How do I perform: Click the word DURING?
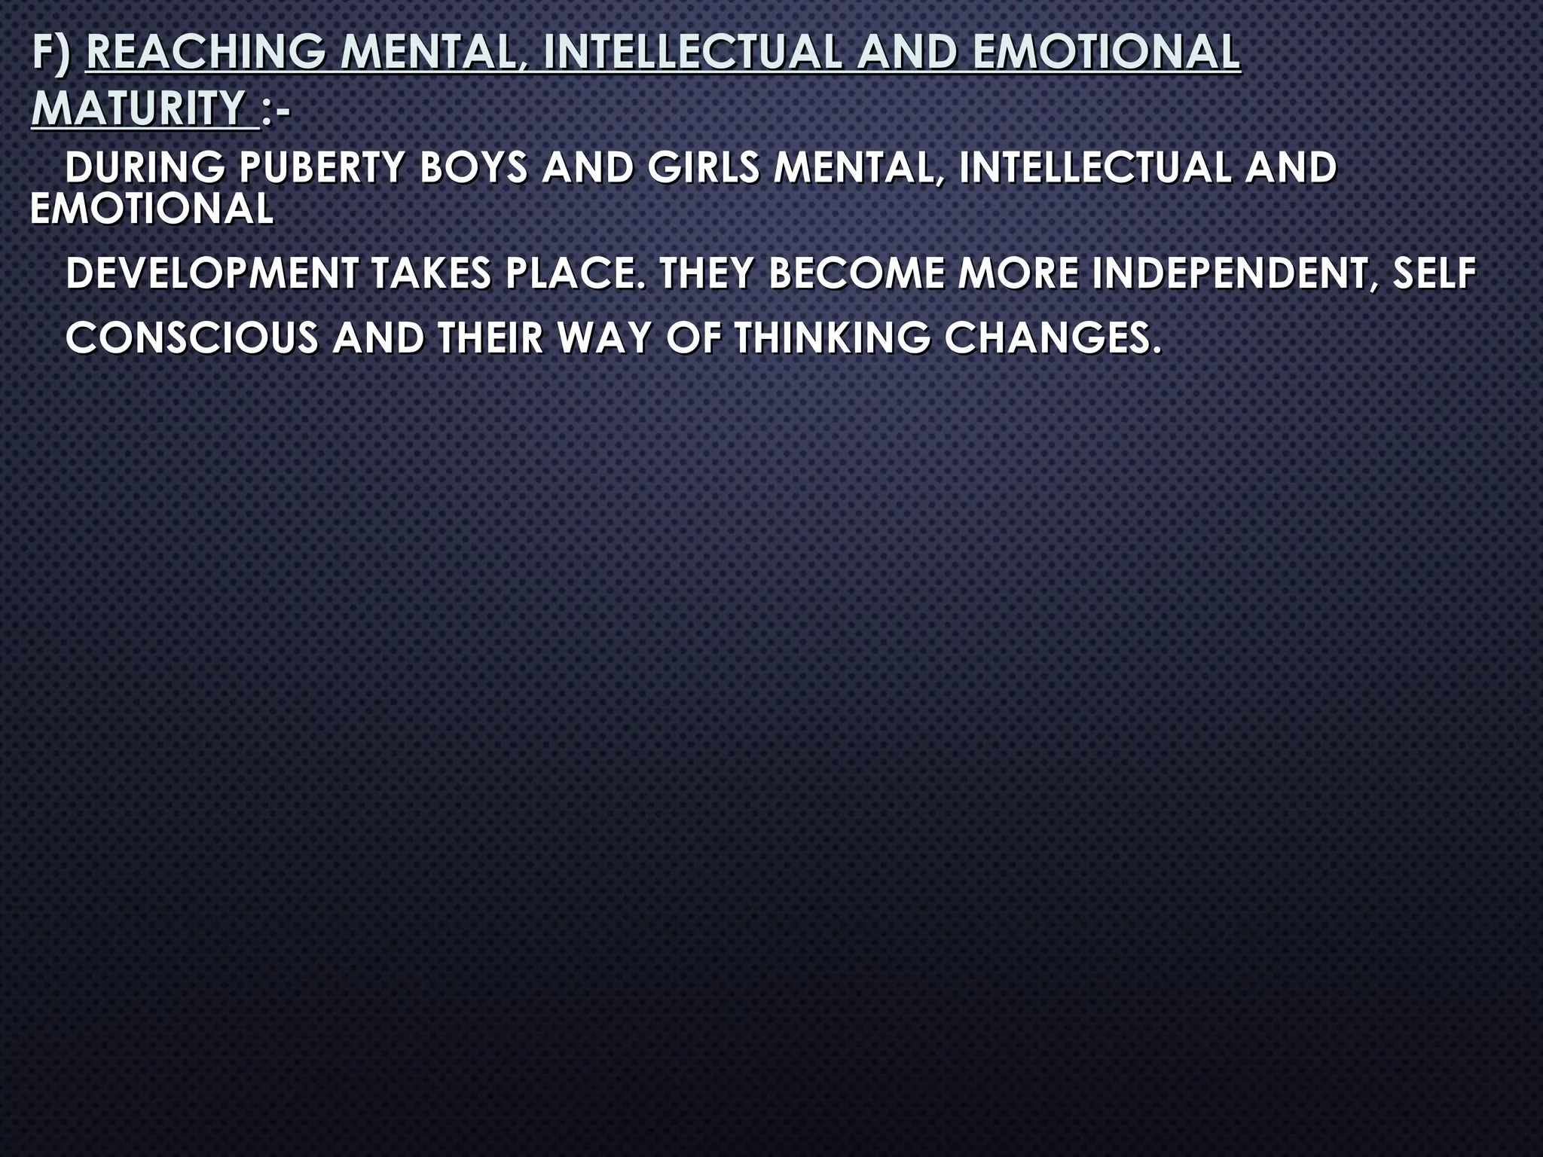click(145, 167)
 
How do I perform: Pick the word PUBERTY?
click(322, 167)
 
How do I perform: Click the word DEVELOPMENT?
click(212, 273)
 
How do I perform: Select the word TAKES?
click(432, 273)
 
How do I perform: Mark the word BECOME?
click(856, 273)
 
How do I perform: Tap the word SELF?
click(1433, 273)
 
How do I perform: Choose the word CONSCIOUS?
click(192, 337)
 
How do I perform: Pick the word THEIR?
click(490, 337)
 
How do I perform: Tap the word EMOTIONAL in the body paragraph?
click(151, 209)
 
